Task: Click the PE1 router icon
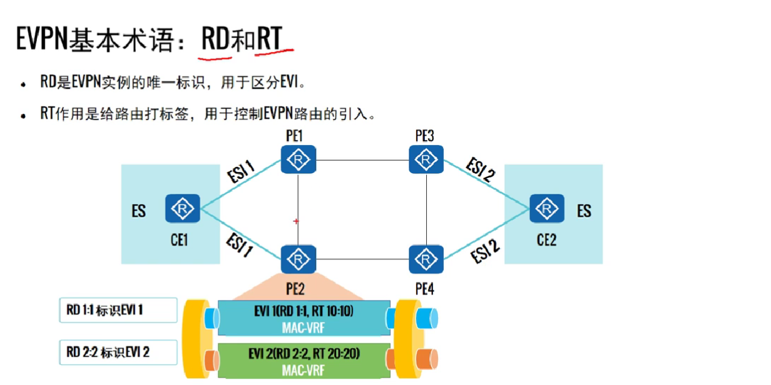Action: click(299, 160)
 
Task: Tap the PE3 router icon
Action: click(426, 160)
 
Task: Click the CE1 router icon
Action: click(183, 208)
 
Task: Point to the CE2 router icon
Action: click(546, 208)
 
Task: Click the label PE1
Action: click(294, 136)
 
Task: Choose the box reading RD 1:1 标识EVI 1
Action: click(118, 310)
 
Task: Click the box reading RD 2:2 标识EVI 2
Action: click(118, 352)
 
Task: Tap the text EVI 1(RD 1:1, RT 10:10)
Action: click(305, 311)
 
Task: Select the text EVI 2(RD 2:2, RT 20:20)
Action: click(305, 354)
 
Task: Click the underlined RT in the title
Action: click(268, 39)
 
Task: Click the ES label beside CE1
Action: click(138, 211)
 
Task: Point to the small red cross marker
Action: click(296, 221)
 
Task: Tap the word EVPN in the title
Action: click(42, 39)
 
